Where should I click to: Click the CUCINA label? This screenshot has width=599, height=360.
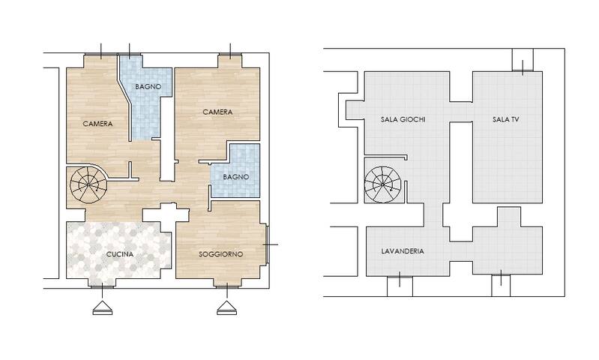coord(120,255)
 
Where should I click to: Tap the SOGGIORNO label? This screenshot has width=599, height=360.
coord(220,255)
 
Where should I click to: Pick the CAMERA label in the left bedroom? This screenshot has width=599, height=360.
coord(97,124)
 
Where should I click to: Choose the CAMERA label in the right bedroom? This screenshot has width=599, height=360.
coord(217,112)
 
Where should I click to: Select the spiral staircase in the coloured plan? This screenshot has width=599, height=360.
coord(88,182)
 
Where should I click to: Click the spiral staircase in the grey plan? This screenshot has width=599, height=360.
coord(382,182)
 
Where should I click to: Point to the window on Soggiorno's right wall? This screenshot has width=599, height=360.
coord(267,244)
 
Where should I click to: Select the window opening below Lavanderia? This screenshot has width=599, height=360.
coord(398,285)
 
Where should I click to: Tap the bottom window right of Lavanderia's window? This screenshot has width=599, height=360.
coord(501,285)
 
